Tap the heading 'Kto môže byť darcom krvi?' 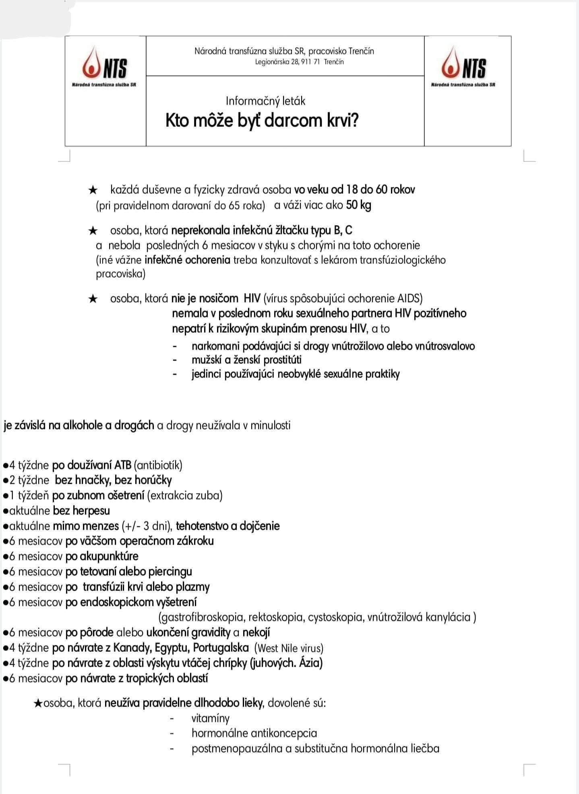click(262, 120)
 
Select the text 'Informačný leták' click(265, 101)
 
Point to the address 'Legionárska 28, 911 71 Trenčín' click(299, 62)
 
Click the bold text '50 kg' click(358, 205)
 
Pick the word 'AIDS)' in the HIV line click(410, 299)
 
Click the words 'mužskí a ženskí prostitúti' click(246, 359)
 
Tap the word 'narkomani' click(216, 346)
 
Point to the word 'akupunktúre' click(109, 556)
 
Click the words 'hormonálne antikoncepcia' click(254, 733)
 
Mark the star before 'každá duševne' click(93, 189)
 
